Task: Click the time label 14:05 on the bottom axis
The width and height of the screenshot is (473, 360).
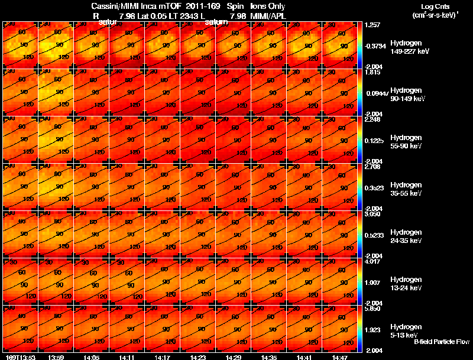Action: [92, 357]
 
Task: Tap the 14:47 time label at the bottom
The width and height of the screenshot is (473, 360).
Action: [339, 357]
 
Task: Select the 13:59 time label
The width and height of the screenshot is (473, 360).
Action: [56, 357]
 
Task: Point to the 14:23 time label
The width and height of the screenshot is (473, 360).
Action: [198, 357]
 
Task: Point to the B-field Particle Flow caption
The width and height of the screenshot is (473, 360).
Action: [441, 342]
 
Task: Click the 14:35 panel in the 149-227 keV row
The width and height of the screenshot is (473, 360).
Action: [269, 45]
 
